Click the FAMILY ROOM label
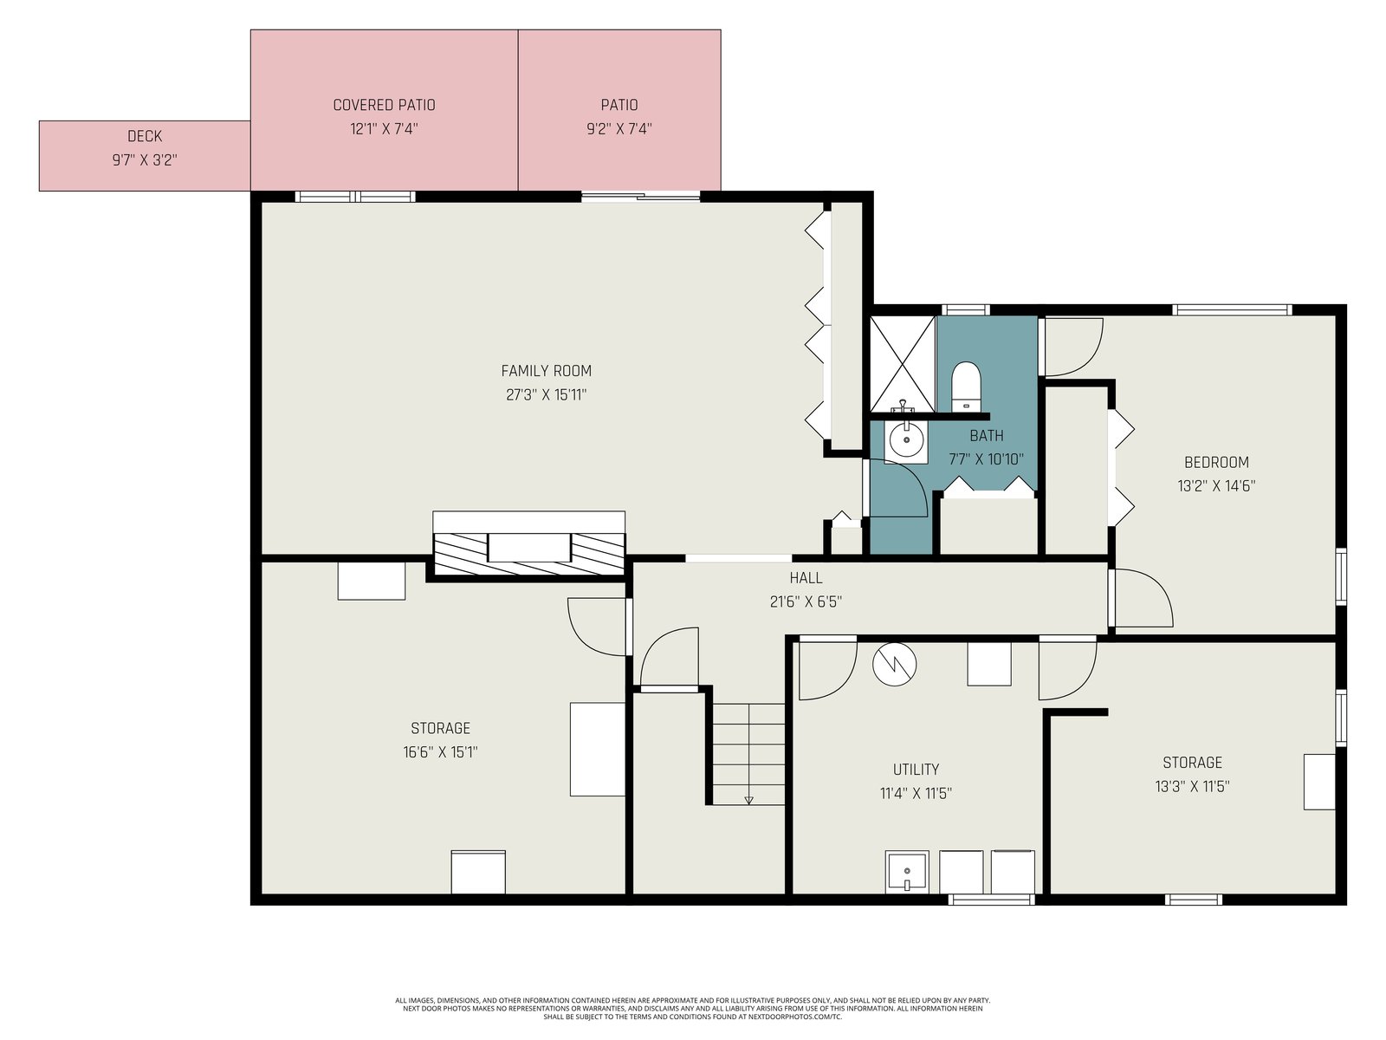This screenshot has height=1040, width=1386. coord(547,371)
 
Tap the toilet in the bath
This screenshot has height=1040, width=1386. coord(966,386)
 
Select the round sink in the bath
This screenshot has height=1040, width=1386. coord(905,439)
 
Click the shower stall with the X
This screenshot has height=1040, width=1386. coord(903,364)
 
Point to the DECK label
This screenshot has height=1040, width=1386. coord(145,136)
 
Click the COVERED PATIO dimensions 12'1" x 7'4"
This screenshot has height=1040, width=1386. coord(384,129)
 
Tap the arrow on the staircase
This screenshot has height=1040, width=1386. coord(749,800)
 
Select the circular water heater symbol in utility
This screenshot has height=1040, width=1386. coord(894,664)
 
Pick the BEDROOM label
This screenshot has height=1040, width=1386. coord(1216,463)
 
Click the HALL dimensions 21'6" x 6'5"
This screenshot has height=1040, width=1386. coord(806,601)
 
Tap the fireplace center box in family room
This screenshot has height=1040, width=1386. coord(529,547)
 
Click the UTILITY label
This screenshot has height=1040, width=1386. coord(916,770)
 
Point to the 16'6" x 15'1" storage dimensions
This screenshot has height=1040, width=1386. coord(440,752)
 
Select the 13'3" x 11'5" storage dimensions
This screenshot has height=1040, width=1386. coord(1192,786)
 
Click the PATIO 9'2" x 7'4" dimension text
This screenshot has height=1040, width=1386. coord(619,129)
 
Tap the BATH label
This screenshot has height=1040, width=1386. coord(987,436)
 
